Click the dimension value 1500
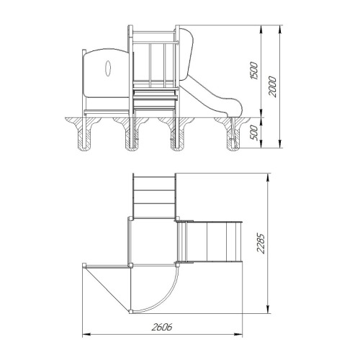point(254,71)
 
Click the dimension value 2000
point(272,86)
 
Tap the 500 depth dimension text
point(254,133)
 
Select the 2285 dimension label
point(261,243)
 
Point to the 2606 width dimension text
point(162,327)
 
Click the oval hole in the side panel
point(108,68)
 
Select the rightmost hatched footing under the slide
point(233,134)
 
